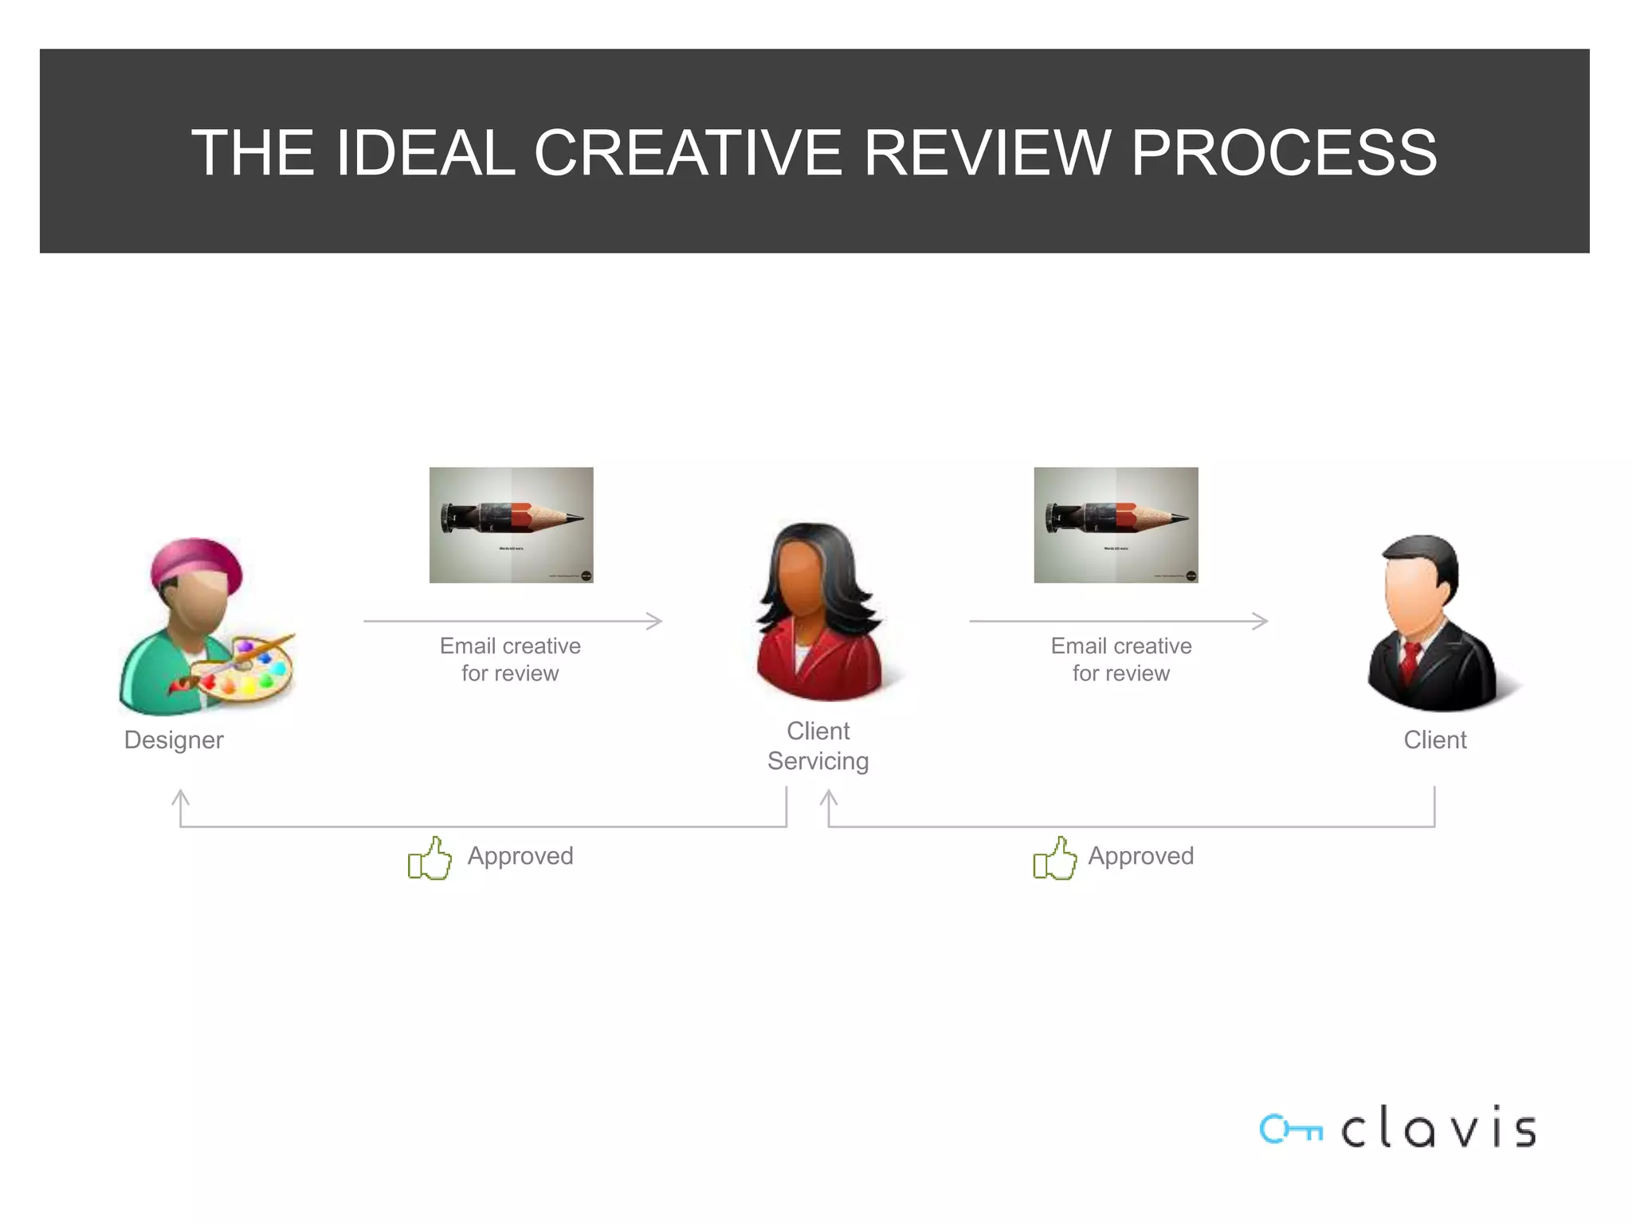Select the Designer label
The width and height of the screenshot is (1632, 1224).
[x=174, y=739]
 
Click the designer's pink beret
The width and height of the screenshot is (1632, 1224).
[x=197, y=563]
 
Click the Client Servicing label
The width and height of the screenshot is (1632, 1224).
[x=818, y=746]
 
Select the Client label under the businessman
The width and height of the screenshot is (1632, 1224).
[x=1434, y=739]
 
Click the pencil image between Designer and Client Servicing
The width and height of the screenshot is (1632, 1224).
[x=511, y=524]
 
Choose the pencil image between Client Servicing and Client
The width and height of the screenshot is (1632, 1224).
[x=1116, y=524]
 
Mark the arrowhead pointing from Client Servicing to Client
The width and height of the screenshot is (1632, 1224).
[x=1261, y=621]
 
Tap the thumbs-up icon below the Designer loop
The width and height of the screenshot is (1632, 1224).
[x=430, y=858]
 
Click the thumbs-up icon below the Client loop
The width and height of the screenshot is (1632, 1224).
[x=1054, y=858]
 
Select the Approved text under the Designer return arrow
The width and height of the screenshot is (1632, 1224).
[x=520, y=856]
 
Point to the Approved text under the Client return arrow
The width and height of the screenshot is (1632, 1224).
[x=1140, y=856]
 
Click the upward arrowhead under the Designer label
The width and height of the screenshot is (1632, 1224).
[x=181, y=796]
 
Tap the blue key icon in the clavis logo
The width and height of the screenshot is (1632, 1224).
[x=1289, y=1129]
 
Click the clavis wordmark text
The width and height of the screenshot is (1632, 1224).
[x=1438, y=1128]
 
